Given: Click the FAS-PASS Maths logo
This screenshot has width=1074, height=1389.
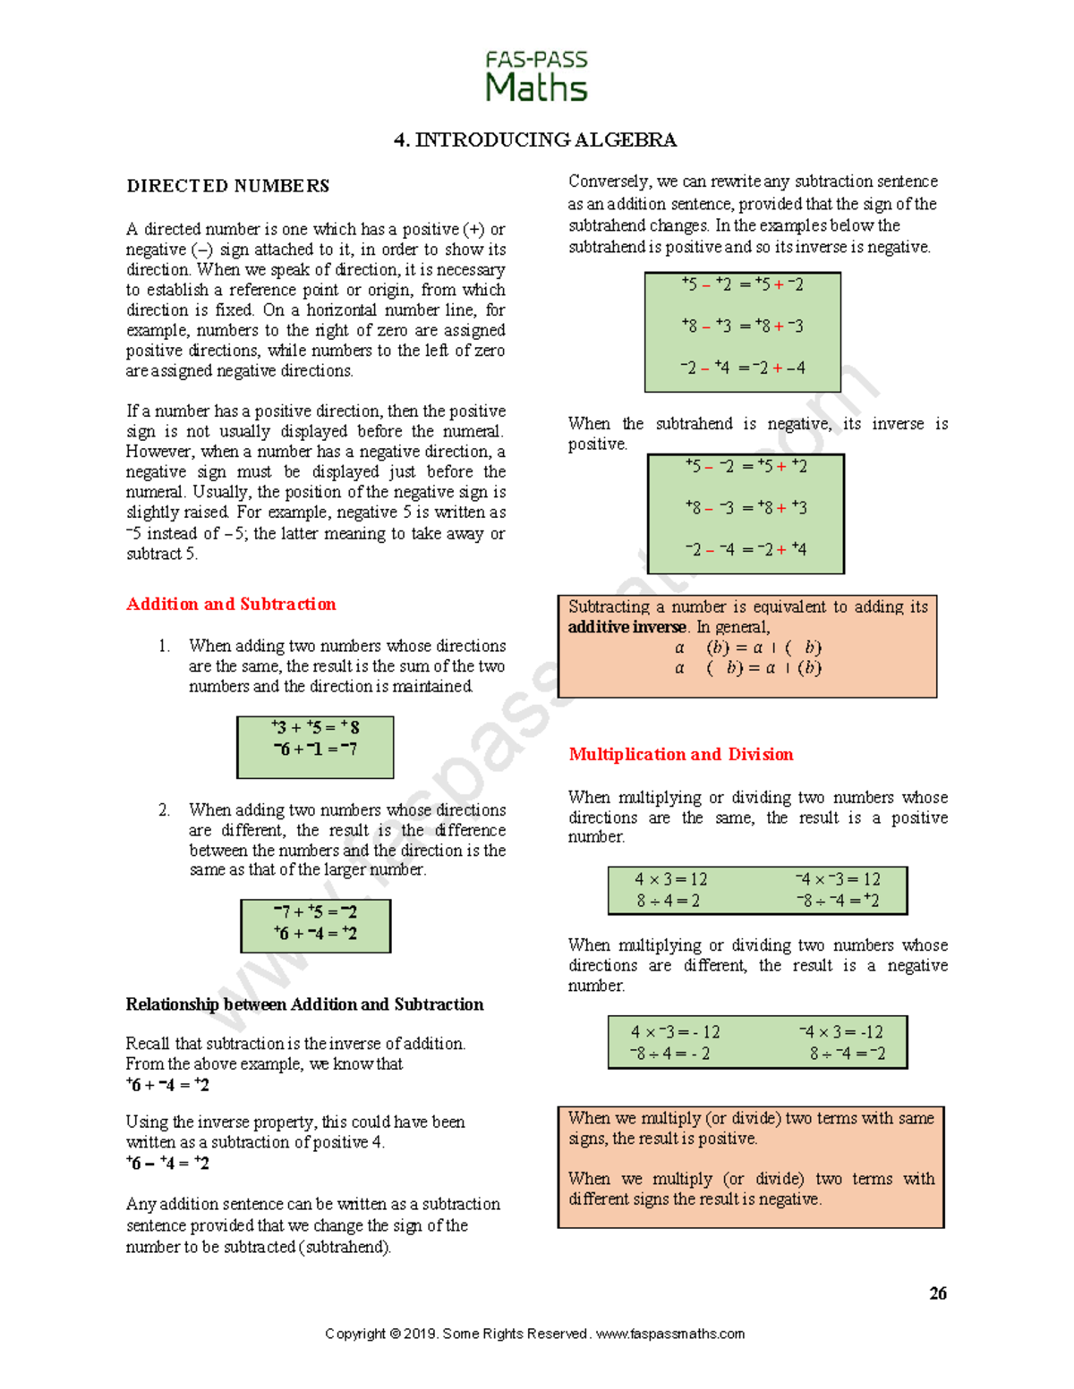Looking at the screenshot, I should [x=536, y=77].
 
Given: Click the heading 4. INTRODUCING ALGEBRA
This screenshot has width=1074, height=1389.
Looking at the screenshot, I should [x=535, y=140].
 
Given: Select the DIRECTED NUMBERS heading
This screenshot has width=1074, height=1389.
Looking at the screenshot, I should [x=227, y=186].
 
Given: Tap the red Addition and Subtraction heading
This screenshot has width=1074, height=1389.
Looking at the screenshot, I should [x=231, y=604].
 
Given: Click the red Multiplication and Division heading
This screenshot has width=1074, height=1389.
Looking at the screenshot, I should [x=680, y=754].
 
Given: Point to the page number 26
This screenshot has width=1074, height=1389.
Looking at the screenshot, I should [x=937, y=1293].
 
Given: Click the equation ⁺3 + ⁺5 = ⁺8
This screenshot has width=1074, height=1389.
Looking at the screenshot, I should [x=315, y=727].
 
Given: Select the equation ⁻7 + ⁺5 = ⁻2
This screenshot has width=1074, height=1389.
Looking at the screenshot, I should [x=315, y=911].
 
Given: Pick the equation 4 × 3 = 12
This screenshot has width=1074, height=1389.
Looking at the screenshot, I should [x=670, y=879].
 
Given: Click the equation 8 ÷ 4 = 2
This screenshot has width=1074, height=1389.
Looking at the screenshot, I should [x=668, y=901].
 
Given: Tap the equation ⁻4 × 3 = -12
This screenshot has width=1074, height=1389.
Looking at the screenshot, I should [x=840, y=1031].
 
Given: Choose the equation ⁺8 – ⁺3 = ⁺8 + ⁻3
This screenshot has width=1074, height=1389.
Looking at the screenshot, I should [x=742, y=326].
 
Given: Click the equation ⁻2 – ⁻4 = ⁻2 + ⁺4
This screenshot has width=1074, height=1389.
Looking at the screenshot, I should [x=746, y=549].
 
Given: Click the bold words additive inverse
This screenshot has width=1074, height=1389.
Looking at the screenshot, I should [x=627, y=627].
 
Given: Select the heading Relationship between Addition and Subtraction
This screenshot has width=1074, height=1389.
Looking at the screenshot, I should [x=304, y=1004].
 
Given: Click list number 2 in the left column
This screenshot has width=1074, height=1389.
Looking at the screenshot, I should [x=164, y=809].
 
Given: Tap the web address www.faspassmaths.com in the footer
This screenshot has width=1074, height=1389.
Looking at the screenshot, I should [x=669, y=1334].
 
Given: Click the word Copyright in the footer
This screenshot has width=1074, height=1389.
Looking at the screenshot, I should [x=354, y=1334].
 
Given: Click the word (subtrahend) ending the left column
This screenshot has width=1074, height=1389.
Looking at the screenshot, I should [x=347, y=1247].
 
